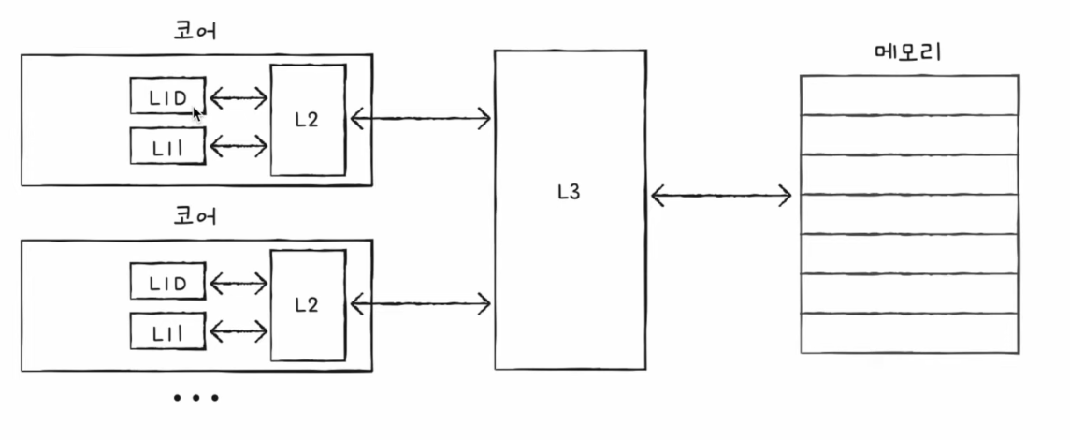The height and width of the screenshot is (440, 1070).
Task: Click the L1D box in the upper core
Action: click(167, 95)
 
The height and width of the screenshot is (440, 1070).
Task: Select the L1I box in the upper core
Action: click(167, 145)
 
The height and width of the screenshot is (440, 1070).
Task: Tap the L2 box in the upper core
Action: click(308, 120)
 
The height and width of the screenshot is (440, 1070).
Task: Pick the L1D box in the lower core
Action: click(167, 281)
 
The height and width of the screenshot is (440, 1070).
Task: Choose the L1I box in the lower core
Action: click(167, 330)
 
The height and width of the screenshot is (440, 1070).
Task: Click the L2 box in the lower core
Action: click(308, 305)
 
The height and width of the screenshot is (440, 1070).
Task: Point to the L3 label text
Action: click(569, 193)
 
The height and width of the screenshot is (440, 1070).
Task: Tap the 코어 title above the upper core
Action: click(195, 32)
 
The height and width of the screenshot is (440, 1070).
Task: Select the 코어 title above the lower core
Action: click(195, 216)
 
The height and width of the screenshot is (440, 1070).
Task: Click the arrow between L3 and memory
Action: click(721, 197)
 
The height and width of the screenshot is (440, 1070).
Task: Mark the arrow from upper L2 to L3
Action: click(420, 119)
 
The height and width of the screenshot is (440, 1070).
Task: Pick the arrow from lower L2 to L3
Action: click(420, 302)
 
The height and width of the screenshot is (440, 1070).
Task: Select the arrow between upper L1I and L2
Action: click(239, 145)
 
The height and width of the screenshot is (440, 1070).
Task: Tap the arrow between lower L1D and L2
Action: click(239, 284)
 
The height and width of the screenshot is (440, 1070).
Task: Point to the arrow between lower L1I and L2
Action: click(239, 332)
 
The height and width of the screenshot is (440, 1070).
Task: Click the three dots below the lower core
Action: click(195, 398)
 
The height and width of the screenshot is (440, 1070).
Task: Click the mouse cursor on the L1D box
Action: click(196, 112)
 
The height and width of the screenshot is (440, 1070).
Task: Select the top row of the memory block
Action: click(910, 95)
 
